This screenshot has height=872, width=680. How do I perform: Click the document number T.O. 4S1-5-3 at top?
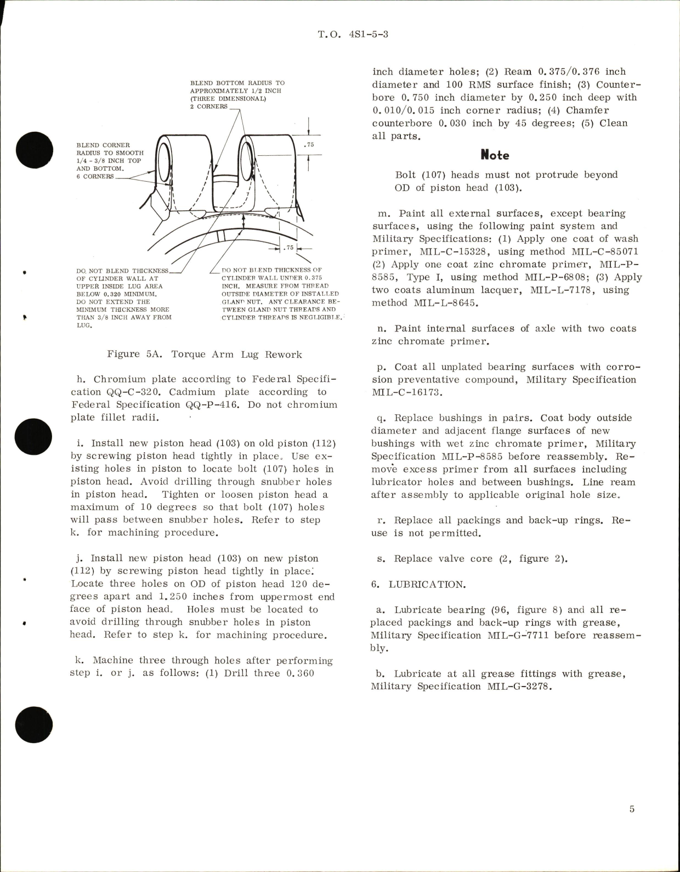[353, 35]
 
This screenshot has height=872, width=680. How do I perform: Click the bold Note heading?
[495, 155]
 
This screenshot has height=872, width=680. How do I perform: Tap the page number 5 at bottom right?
[632, 809]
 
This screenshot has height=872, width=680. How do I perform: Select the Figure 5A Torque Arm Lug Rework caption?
[205, 355]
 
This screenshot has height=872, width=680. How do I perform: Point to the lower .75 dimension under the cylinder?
[289, 248]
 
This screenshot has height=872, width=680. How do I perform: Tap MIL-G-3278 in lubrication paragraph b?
[517, 687]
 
